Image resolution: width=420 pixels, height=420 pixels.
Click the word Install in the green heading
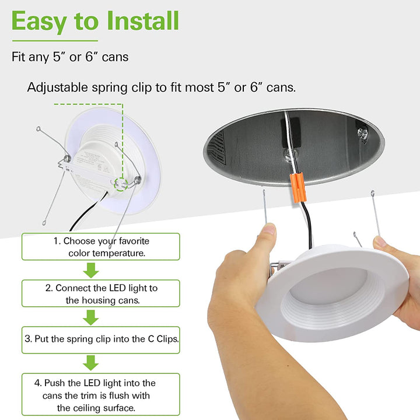pos(143,20)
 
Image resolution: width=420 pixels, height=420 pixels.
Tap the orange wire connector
pos(299,187)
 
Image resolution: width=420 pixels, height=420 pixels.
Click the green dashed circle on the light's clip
pos(121,184)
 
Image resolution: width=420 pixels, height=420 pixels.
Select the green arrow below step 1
pos(91,270)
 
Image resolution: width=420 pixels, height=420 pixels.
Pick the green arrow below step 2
pos(91,317)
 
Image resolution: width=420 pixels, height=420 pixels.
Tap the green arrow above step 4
pos(91,363)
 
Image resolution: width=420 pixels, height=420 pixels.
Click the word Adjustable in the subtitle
pos(58,88)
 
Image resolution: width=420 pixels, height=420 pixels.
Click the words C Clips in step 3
pos(163,339)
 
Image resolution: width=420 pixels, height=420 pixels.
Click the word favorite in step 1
pos(134,241)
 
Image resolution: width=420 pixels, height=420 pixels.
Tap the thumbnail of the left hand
pos(269,229)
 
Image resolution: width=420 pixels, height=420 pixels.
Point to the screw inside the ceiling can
pos(362,132)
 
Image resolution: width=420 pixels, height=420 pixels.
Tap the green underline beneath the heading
pos(55,41)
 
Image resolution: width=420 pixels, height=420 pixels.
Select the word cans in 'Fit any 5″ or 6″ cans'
pos(115,57)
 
